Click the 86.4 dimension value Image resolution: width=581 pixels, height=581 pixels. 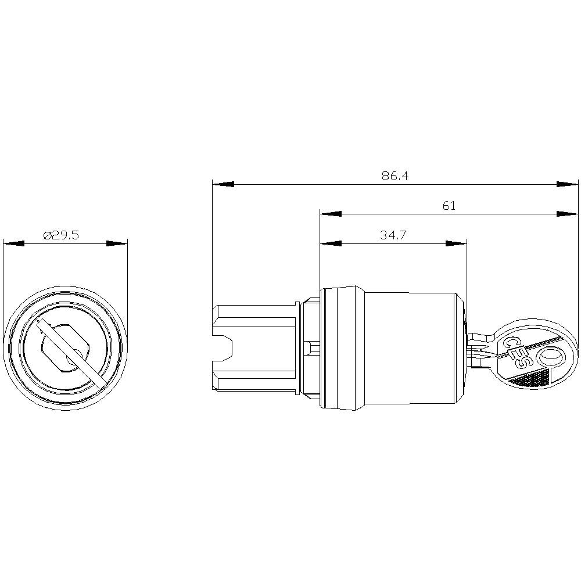(x=395, y=175)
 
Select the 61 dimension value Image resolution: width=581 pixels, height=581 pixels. (x=449, y=205)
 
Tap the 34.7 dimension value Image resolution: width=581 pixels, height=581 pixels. (x=393, y=235)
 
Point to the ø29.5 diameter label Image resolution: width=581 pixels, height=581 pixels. (x=61, y=235)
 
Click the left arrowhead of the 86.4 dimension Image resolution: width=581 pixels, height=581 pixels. (x=223, y=184)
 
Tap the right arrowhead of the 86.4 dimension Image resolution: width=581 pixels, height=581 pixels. (x=567, y=184)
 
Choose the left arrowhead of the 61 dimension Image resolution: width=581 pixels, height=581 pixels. (x=331, y=214)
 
